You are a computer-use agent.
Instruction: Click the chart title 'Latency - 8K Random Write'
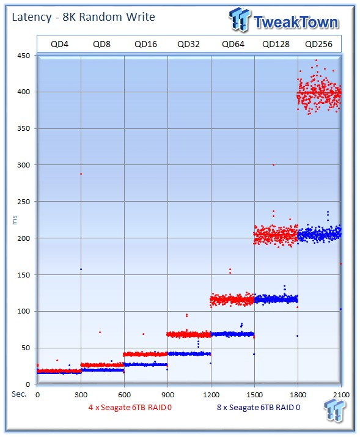pos(83,17)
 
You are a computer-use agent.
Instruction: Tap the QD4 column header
pos(59,44)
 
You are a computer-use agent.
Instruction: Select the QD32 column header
pos(188,44)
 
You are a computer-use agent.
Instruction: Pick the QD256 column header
pos(318,44)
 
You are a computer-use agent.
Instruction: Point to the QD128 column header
pos(276,44)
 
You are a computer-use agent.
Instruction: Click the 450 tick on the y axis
pos(24,56)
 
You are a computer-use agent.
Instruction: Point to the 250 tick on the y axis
pos(24,202)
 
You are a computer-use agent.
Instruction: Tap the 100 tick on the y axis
pos(24,311)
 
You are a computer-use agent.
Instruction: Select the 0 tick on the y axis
pos(28,384)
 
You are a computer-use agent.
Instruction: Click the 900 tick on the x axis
pos(167,395)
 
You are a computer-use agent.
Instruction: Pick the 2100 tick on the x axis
pos(341,395)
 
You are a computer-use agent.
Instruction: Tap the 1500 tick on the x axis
pos(254,395)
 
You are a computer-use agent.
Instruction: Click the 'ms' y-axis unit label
pos(15,220)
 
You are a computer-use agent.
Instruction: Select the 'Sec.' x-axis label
pos(19,394)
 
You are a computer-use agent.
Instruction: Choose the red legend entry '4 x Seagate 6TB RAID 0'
pos(130,408)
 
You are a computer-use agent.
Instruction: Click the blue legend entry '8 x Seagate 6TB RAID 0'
pos(259,408)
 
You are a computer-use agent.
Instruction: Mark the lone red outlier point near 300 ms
pos(273,164)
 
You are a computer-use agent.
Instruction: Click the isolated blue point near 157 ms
pos(81,269)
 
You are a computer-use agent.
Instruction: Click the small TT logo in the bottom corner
pos(334,409)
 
